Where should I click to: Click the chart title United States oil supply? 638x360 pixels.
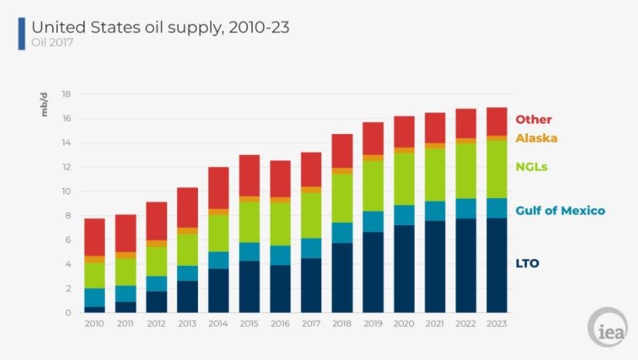pyautogui.click(x=160, y=28)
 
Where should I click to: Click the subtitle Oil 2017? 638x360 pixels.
pyautogui.click(x=52, y=43)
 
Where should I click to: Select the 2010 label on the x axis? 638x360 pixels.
pyautogui.click(x=94, y=324)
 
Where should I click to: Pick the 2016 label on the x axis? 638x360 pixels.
pyautogui.click(x=280, y=324)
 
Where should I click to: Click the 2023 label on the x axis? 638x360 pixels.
pyautogui.click(x=497, y=324)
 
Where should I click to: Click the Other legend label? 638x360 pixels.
pyautogui.click(x=533, y=119)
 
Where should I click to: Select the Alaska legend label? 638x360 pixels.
pyautogui.click(x=536, y=138)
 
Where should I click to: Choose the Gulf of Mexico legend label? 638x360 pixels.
pyautogui.click(x=560, y=210)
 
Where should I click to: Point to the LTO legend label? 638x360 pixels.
pyautogui.click(x=527, y=264)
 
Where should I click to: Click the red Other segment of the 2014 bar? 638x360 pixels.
pyautogui.click(x=218, y=187)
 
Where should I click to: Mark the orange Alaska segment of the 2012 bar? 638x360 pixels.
pyautogui.click(x=156, y=244)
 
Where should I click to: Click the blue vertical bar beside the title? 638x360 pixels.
pyautogui.click(x=22, y=34)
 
